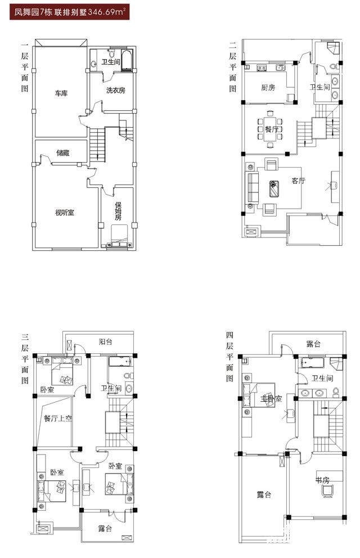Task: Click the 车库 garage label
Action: tap(61, 93)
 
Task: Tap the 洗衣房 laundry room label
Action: tap(116, 91)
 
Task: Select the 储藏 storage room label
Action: tap(63, 153)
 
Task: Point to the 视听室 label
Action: tap(65, 213)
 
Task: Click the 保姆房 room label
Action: tap(118, 211)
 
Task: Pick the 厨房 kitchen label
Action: tap(268, 88)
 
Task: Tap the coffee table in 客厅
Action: tap(273, 189)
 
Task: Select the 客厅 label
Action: tap(299, 181)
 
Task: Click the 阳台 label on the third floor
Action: tap(106, 342)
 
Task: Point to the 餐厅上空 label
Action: tap(58, 418)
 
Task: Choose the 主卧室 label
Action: tap(271, 399)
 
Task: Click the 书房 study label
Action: tap(323, 480)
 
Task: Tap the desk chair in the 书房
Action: tap(327, 491)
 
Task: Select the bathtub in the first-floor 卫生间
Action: tap(127, 61)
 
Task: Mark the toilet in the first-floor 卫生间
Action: tap(112, 53)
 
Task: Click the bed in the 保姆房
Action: tap(119, 235)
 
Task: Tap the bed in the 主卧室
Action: tap(259, 395)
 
